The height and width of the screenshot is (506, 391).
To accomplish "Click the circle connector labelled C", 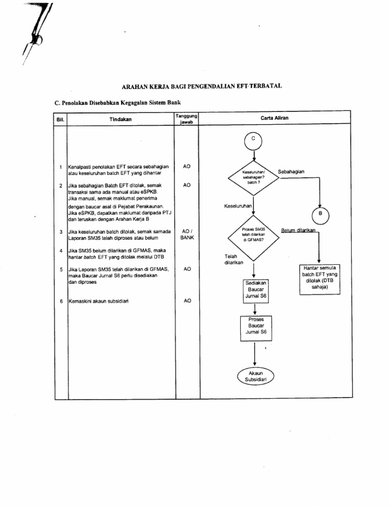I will pos(253,139).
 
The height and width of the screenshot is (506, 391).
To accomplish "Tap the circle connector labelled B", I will pos(320,214).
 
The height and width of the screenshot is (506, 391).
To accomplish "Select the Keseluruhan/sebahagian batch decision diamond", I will pos(254,177).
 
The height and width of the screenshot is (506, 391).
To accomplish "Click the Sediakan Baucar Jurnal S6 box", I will pos(254,289).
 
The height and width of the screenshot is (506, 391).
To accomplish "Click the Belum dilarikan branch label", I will pos(299,231).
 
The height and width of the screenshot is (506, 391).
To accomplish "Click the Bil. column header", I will pos(60,119).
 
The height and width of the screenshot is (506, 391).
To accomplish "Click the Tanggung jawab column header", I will pos(186,119).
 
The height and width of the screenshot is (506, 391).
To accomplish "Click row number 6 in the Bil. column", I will pos(61,301).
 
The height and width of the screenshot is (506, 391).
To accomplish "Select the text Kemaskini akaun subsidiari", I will pos(98,301).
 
